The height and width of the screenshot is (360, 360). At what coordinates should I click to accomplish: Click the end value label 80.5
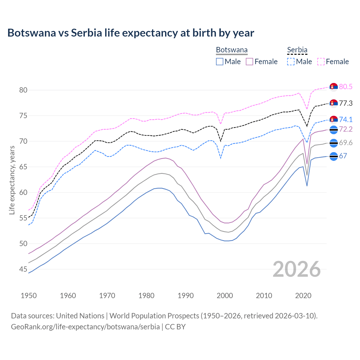pos(346,87)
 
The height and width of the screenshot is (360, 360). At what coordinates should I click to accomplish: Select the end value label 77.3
pos(346,103)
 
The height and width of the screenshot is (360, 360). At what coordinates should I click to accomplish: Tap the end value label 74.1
pos(346,120)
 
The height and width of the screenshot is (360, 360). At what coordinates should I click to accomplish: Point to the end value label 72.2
pos(346,129)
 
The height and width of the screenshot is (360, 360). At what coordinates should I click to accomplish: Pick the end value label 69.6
pos(346,143)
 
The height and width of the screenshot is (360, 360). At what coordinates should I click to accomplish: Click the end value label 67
pos(343,156)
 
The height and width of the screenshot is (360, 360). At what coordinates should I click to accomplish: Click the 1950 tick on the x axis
pos(29,296)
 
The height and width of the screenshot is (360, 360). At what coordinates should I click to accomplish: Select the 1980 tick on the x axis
pos(146,296)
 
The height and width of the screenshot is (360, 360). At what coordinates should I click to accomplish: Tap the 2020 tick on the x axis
pos(303,296)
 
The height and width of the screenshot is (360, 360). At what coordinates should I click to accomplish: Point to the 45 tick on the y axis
pos(23,269)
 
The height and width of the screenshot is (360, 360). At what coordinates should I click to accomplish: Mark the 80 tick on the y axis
pos(23,90)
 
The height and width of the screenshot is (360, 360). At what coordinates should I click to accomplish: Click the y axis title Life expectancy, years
pos(12,180)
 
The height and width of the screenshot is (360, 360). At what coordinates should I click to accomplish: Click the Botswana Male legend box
pos(220,62)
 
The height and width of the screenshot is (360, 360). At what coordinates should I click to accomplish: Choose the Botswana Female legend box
pos(249,62)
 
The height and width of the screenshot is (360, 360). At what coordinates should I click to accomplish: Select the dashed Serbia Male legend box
pos(291,62)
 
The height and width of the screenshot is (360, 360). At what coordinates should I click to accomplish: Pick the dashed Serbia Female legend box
pos(321,62)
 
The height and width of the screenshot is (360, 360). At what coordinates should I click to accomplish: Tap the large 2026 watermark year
pos(297,269)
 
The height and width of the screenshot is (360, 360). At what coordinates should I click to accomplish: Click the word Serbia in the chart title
pos(86,33)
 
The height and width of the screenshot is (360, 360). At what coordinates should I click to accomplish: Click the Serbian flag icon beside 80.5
pos(334,87)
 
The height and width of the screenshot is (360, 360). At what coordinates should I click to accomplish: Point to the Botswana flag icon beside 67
pos(334,156)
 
